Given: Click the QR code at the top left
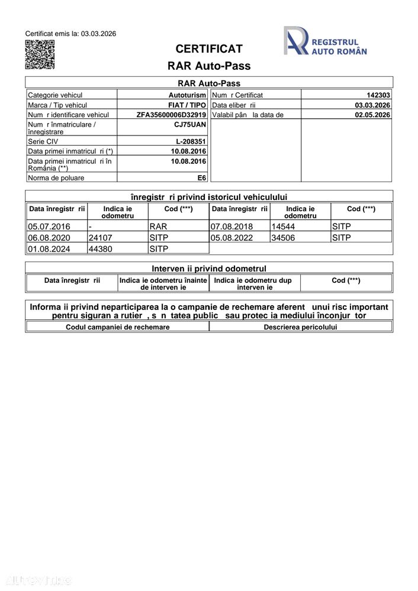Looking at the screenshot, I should [x=40, y=55].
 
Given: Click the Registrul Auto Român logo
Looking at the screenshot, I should [x=324, y=41].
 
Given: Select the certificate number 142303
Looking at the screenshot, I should [x=378, y=95].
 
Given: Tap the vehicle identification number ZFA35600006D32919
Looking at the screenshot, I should [x=171, y=115].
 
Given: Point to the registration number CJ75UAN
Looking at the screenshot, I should [x=190, y=125].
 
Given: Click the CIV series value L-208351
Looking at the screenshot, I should [x=191, y=142].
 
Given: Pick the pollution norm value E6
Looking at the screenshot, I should [x=201, y=177].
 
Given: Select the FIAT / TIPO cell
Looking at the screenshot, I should [x=187, y=105].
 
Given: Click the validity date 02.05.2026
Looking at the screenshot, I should [x=372, y=115].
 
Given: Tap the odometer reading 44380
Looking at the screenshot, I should [x=101, y=249].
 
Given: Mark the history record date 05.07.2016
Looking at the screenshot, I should [x=49, y=227].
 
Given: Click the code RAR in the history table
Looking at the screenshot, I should [x=159, y=227].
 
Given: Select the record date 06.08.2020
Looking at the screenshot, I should [x=49, y=238].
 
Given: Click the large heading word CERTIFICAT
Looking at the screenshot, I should [x=209, y=49].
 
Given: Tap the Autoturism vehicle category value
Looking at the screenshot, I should [x=187, y=95].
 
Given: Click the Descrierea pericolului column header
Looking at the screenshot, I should [x=300, y=327].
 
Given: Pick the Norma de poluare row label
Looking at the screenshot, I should [x=56, y=177].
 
